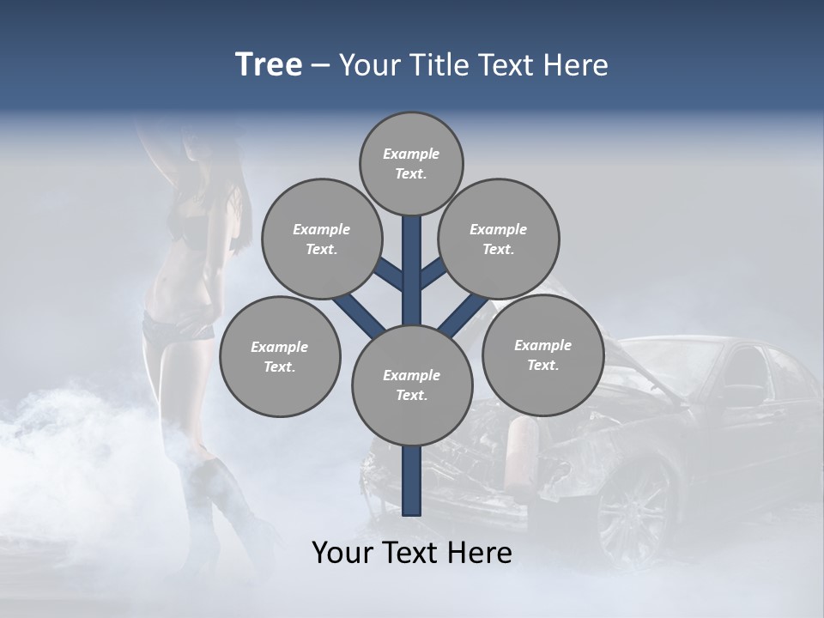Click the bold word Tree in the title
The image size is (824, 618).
click(x=269, y=65)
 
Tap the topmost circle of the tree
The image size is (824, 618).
click(x=411, y=163)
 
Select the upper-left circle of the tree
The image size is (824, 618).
click(x=321, y=239)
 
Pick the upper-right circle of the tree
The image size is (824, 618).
click(x=499, y=239)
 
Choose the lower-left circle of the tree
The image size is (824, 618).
click(x=280, y=356)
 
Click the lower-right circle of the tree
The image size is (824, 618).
click(x=542, y=354)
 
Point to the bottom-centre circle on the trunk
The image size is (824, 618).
click(x=411, y=385)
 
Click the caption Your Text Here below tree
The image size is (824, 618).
click(x=411, y=552)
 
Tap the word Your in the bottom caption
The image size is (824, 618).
click(x=342, y=552)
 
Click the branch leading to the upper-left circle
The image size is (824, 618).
click(x=389, y=274)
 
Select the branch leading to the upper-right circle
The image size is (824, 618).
click(x=433, y=274)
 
